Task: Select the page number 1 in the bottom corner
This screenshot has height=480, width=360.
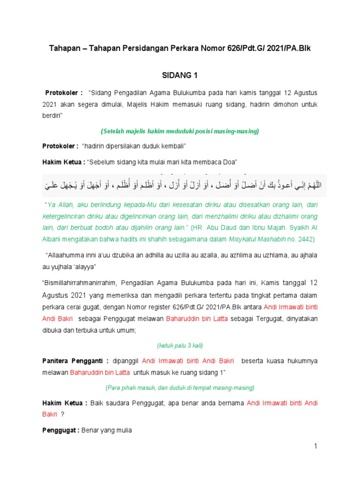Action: click(316, 447)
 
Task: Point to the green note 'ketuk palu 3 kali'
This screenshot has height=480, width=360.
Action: click(180, 345)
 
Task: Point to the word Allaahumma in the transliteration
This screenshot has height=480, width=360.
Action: click(62, 255)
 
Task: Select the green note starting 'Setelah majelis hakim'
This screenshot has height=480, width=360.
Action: click(180, 131)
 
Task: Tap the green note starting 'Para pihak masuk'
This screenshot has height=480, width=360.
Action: click(180, 388)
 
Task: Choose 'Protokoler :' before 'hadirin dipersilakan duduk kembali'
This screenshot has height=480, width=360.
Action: click(61, 146)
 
